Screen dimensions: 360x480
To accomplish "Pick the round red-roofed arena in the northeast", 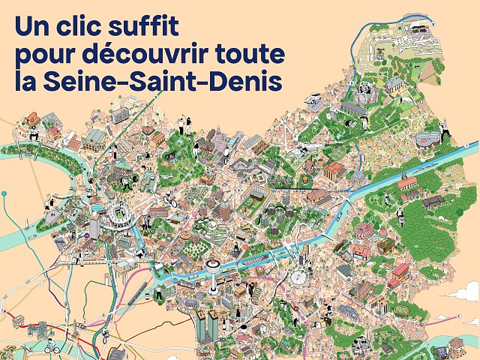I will pos(430,139).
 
